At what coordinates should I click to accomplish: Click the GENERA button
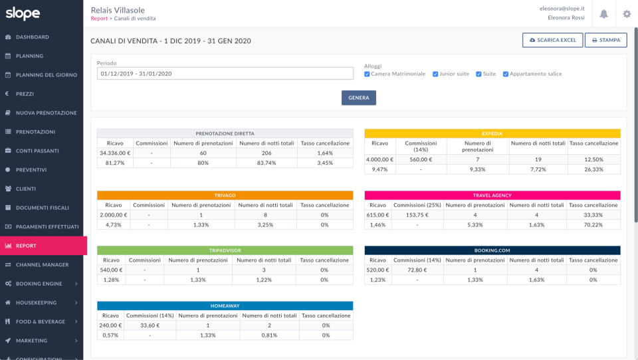pyautogui.click(x=358, y=98)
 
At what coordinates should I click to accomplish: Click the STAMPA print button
pyautogui.click(x=605, y=41)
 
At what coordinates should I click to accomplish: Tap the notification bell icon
pyautogui.click(x=603, y=14)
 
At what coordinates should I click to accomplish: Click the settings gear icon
pyautogui.click(x=626, y=14)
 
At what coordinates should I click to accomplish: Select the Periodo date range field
pyautogui.click(x=225, y=74)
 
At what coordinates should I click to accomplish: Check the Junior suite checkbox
pyautogui.click(x=435, y=74)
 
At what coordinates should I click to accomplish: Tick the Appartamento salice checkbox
pyautogui.click(x=506, y=74)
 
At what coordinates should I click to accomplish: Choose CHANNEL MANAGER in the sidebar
pyautogui.click(x=42, y=265)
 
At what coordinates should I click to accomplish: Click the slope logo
pyautogui.click(x=23, y=13)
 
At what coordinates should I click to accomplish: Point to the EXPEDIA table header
pyautogui.click(x=492, y=134)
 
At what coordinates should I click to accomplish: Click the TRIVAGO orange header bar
pyautogui.click(x=225, y=195)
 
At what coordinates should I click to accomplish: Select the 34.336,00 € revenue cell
pyautogui.click(x=114, y=153)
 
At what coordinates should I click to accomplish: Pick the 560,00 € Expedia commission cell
pyautogui.click(x=421, y=159)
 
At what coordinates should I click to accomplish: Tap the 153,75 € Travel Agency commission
pyautogui.click(x=417, y=215)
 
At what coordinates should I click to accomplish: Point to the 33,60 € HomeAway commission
pyautogui.click(x=148, y=325)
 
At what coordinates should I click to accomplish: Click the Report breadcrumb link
pyautogui.click(x=98, y=19)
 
